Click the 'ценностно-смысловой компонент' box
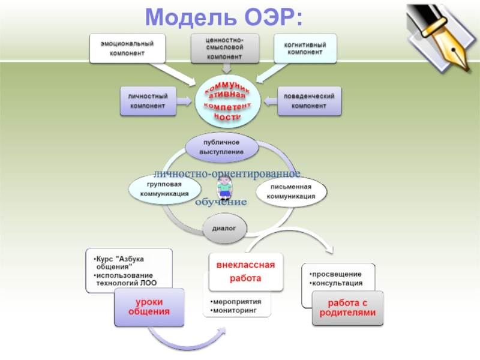coord(225,48)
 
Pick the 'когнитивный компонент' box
coord(305,48)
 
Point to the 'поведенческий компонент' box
coord(309,101)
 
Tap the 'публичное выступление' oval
coord(222,147)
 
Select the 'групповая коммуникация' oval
coord(165,190)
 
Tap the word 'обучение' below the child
coord(220,202)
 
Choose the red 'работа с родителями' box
coord(347,308)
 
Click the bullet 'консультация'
coord(338,283)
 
